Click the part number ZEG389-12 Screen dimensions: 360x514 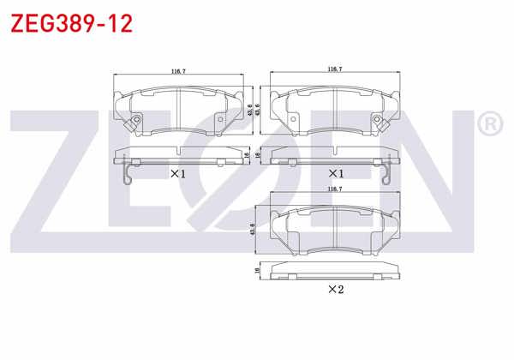pos(71,23)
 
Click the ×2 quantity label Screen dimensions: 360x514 pos(335,289)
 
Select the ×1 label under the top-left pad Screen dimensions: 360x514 pos(178,174)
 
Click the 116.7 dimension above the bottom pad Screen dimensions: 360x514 pos(335,187)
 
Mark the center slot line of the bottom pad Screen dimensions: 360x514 pos(335,230)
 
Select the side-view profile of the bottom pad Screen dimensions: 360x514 pos(335,270)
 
